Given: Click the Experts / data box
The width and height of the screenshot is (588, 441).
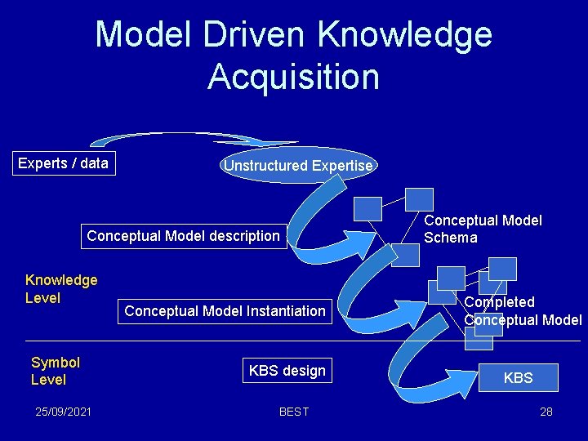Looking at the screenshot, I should click(x=63, y=163).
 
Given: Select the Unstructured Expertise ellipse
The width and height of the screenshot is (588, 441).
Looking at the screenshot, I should click(x=298, y=166).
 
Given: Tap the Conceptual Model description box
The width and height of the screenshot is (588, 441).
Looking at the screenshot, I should click(x=183, y=236).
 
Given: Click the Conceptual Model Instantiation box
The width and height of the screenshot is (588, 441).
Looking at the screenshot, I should click(x=225, y=310).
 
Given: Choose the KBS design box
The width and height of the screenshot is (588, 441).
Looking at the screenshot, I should click(x=287, y=371).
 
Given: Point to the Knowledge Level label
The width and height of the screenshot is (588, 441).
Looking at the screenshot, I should click(x=61, y=289).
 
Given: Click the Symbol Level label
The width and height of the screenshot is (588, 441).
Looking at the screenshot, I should click(x=55, y=371).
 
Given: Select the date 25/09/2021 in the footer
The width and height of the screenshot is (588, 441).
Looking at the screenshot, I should click(x=63, y=412).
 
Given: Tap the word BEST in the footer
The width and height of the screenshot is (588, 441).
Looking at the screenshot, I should click(x=294, y=412).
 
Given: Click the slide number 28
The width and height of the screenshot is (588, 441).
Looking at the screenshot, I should click(x=546, y=412).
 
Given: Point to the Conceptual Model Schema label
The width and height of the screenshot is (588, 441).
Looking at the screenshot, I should click(x=483, y=229).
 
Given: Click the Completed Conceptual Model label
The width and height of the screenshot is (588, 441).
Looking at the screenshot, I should click(x=523, y=311).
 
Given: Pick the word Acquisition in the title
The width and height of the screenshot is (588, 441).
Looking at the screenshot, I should click(x=293, y=77).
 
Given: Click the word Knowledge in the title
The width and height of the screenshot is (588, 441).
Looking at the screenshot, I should click(x=404, y=35).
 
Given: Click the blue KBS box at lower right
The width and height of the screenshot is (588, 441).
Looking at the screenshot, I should click(x=518, y=378).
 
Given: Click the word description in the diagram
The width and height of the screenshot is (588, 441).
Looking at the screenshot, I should click(x=240, y=236).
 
